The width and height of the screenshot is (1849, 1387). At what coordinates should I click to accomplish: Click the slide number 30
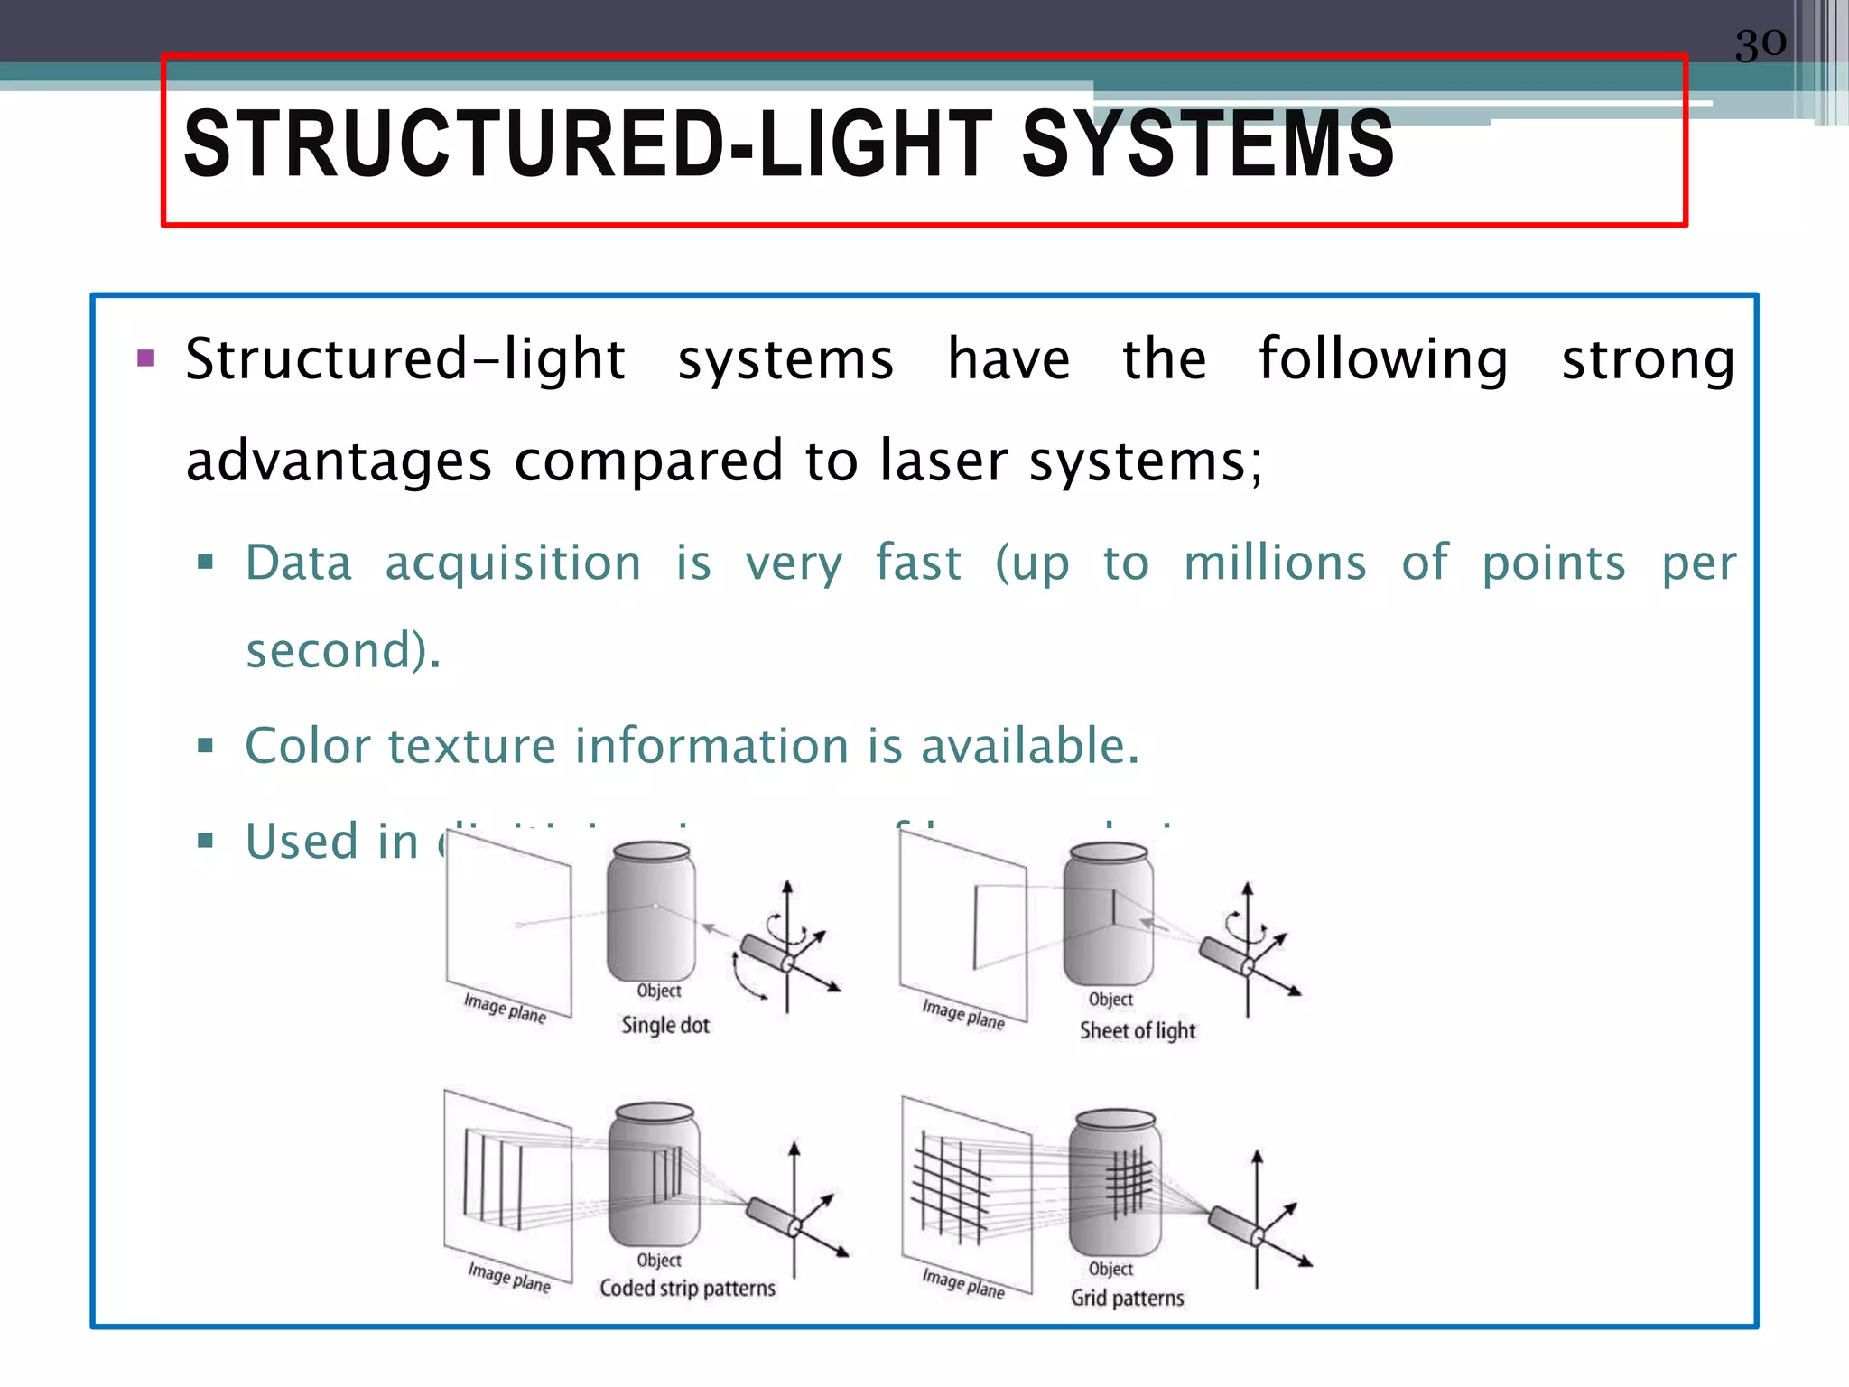coord(1760,43)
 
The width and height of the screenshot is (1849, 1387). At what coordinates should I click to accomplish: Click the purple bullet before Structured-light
coord(146,358)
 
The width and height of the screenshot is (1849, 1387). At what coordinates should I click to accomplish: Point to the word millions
coord(1275,563)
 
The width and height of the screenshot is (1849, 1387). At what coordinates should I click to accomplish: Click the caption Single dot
coord(665,1026)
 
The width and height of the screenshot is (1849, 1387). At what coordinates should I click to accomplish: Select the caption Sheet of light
coord(1138,1031)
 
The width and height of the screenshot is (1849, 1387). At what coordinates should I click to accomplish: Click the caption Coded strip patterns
coord(687,1289)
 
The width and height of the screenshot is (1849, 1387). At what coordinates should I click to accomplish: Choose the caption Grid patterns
coord(1127,1299)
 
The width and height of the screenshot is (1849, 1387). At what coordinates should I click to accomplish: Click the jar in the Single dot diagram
coord(651,912)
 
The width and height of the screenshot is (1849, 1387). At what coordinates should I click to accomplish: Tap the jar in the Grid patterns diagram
coord(1114,1183)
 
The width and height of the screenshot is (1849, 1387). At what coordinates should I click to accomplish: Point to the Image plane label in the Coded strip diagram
coord(509,1278)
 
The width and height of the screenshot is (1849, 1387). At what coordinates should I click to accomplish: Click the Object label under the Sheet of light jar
coord(1110,1000)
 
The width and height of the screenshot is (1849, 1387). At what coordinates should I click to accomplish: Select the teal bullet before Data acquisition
coord(206,563)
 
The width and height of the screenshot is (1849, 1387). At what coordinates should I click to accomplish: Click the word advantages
coord(339,461)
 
